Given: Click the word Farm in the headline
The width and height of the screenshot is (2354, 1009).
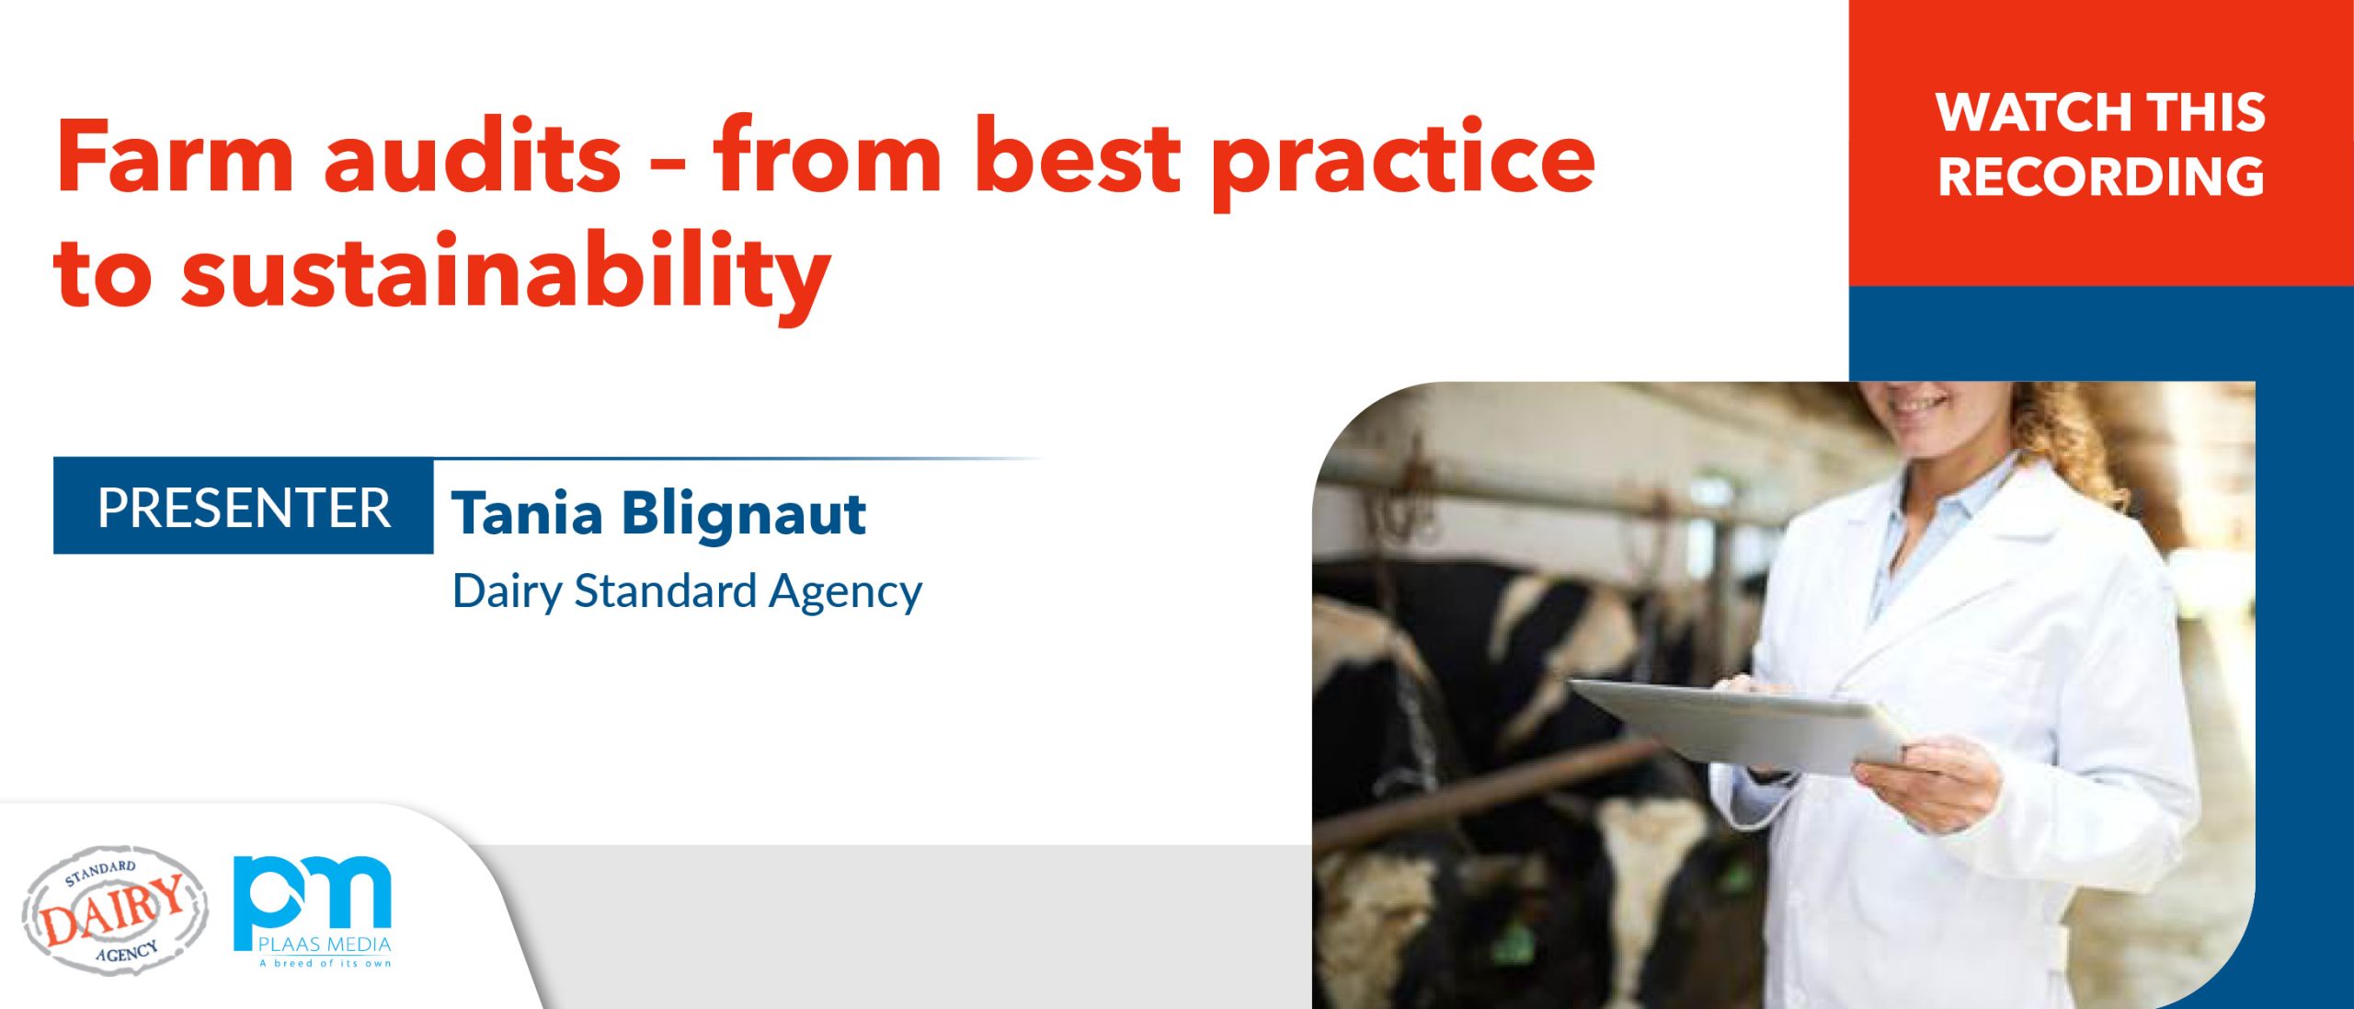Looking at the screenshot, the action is (175, 156).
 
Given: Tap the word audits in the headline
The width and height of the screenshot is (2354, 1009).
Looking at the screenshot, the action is (473, 155).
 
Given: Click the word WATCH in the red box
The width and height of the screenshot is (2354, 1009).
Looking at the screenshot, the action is (2032, 112).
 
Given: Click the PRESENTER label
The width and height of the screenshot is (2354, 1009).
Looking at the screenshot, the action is (244, 508).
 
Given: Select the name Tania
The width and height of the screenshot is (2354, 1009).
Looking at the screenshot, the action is (527, 512).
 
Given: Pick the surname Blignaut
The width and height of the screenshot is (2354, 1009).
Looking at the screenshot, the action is (744, 513).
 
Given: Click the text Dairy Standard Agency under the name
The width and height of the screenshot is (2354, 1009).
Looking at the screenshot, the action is (687, 591).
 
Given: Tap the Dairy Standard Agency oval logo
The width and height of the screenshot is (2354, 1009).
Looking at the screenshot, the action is (115, 911).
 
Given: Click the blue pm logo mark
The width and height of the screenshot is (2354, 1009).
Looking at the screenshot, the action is (312, 896).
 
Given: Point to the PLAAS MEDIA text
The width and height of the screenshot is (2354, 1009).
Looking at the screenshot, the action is (325, 944).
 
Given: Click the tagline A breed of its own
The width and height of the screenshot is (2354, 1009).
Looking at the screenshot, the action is (325, 963).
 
